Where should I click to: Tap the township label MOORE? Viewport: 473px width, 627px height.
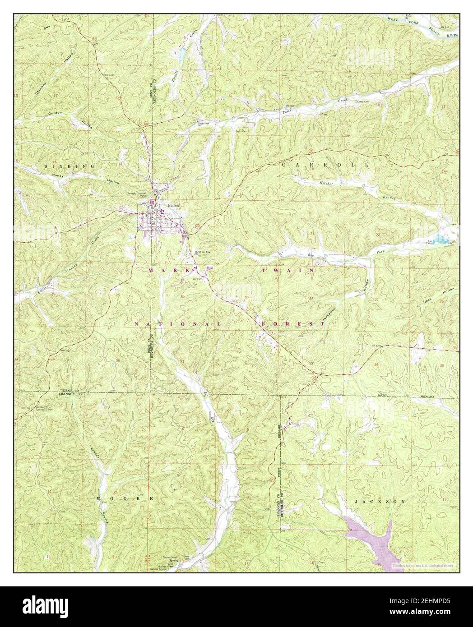[x=125, y=498]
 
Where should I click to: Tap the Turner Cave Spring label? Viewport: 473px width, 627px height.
[x=170, y=559]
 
